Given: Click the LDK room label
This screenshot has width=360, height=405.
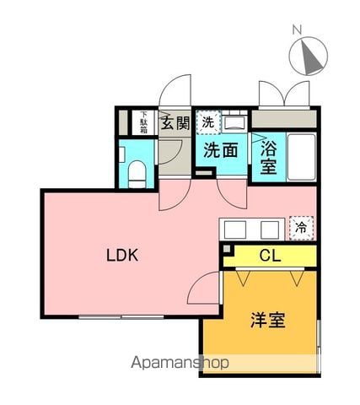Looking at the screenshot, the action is coord(122,256).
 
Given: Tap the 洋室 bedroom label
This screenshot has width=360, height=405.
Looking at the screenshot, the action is coord(268,320).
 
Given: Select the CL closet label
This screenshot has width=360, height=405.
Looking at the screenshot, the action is coord(270,256).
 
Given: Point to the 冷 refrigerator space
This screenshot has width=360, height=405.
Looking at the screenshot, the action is coord(301,228).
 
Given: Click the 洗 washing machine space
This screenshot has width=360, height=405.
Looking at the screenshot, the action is coord(208,122).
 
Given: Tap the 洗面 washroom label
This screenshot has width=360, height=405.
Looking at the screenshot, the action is coord(221,150).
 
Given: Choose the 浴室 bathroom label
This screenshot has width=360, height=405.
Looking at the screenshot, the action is coord(268,157).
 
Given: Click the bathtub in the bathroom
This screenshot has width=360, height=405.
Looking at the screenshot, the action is coord(301,157).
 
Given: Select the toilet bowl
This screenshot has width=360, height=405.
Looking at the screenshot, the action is coord(137,175).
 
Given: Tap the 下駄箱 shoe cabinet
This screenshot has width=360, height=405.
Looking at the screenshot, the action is coord(143,122).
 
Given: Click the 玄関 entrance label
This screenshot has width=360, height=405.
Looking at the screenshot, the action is coord(175,123).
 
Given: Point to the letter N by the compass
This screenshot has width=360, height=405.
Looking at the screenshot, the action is coord(297,30).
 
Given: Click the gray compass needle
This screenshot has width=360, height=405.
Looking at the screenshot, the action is coord(311,58).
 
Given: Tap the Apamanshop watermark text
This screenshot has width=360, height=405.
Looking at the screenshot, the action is coord(180,363).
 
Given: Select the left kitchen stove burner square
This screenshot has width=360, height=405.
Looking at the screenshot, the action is coord(235,229).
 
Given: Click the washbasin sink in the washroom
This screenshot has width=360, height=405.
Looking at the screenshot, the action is coord(234,124).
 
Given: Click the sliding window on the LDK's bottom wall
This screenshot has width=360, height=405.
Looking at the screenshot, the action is coord(121,317).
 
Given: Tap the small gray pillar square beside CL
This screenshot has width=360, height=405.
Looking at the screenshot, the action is coord(227,249).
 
